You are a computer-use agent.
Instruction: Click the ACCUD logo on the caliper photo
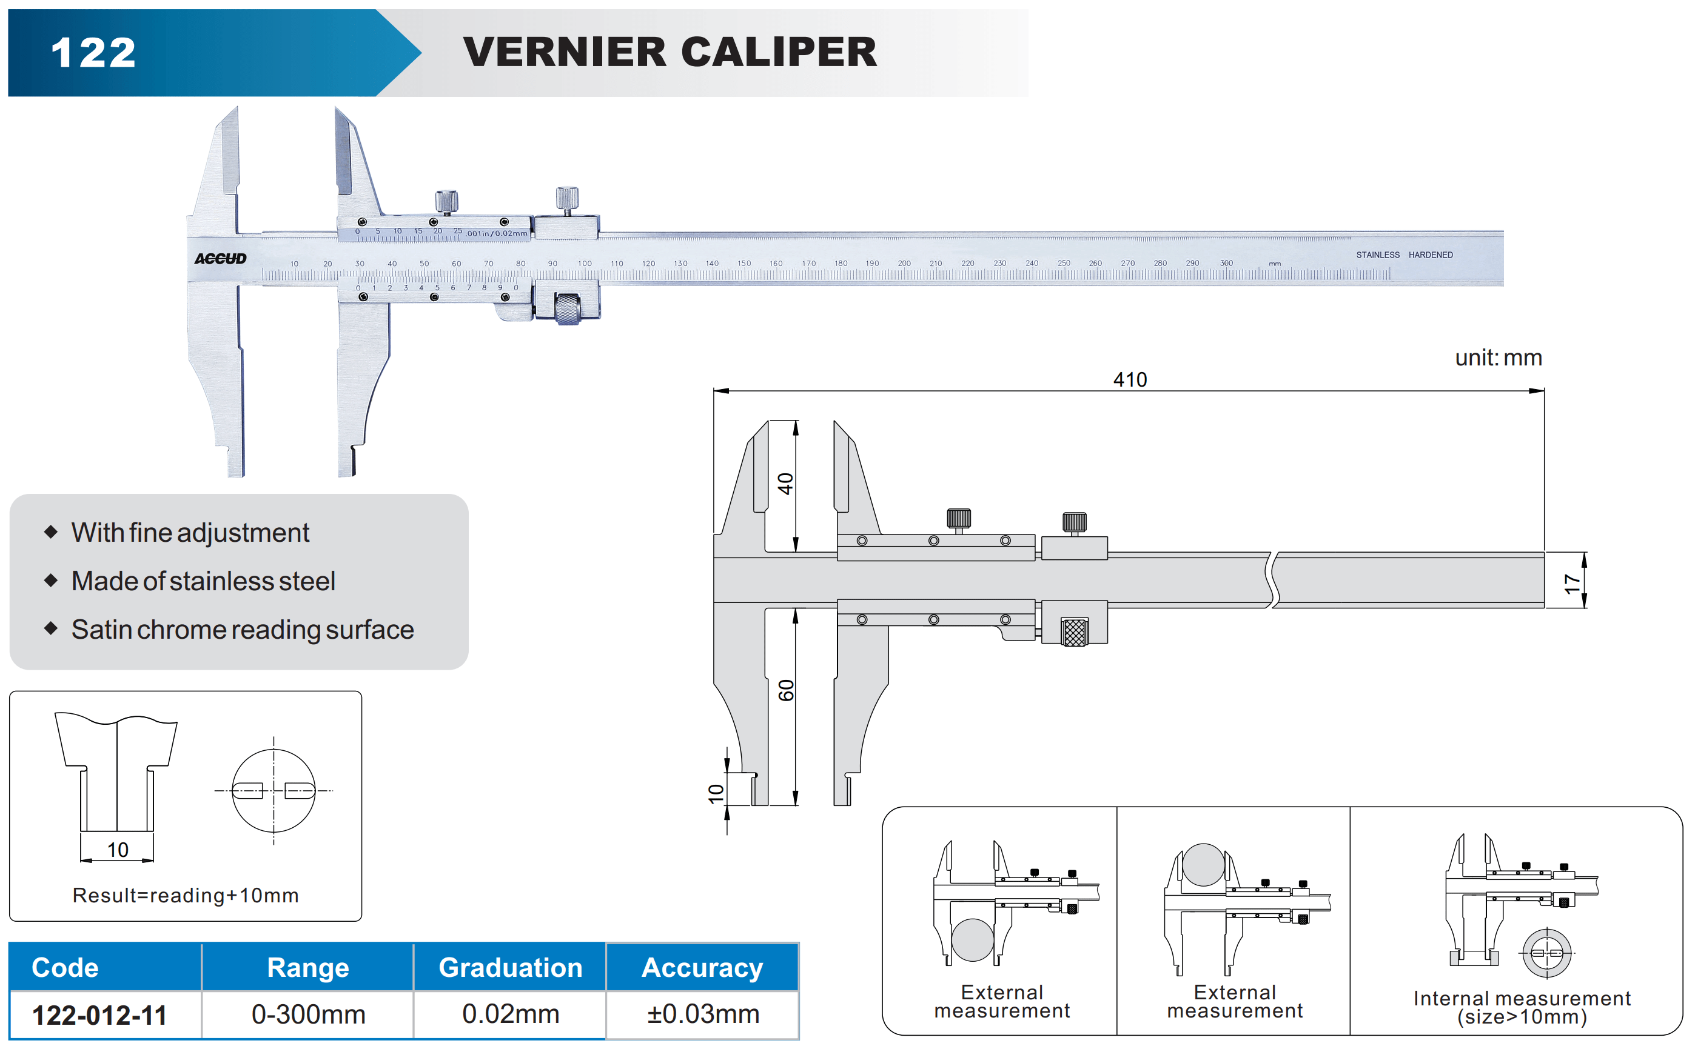point(220,259)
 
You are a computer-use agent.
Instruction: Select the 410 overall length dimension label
point(1129,379)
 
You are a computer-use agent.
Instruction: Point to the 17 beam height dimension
point(1571,583)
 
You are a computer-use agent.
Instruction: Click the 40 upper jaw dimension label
point(785,484)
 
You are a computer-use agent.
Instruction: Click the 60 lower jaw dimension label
point(785,690)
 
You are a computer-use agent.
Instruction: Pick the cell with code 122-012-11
point(100,1015)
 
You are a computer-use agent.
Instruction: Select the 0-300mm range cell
point(308,1014)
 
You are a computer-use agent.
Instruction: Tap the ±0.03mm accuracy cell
point(702,1014)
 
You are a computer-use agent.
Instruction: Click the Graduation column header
point(510,967)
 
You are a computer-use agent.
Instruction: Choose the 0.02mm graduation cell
point(510,1014)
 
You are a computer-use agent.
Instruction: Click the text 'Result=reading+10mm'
point(186,895)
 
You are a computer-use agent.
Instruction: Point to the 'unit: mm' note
point(1498,358)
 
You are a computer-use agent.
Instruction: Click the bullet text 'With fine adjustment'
point(190,533)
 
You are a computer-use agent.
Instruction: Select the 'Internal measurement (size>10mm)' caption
point(1522,1007)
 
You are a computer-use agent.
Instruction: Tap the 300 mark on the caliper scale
point(1226,263)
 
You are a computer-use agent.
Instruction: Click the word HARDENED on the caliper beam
point(1430,255)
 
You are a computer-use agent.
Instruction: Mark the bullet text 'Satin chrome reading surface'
point(242,629)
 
